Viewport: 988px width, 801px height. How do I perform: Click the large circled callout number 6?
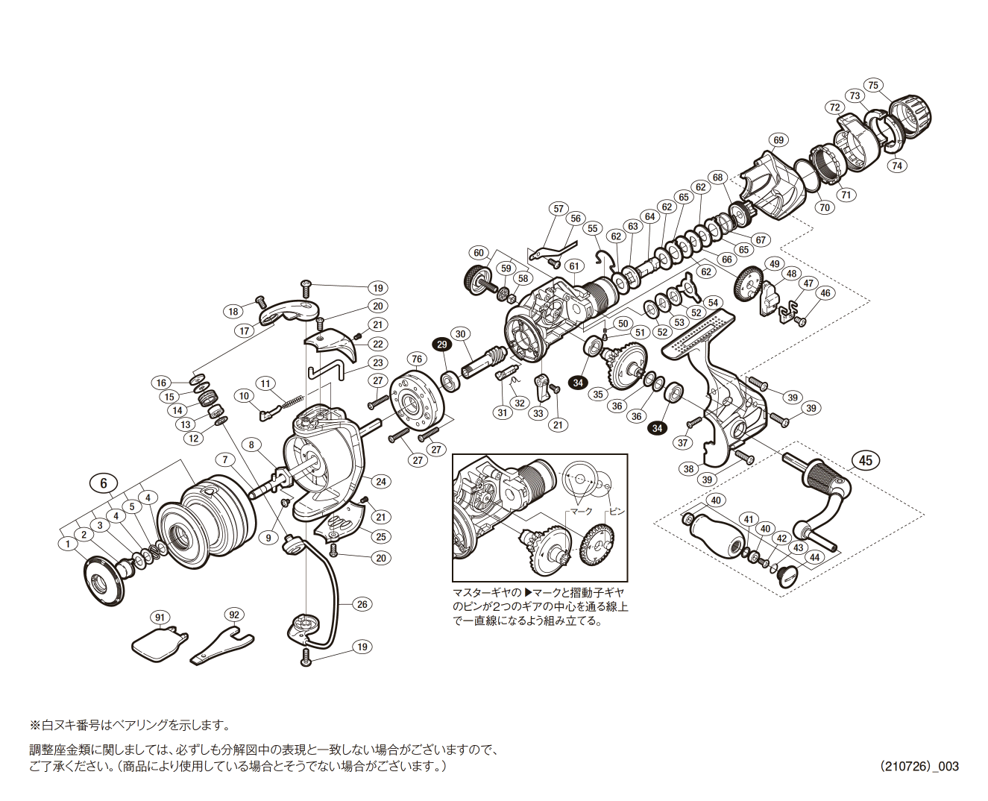pos(104,483)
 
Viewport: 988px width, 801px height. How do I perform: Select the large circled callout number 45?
pos(865,460)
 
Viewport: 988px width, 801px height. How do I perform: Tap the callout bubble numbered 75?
pos(874,85)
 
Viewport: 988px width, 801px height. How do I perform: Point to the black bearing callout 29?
pos(442,344)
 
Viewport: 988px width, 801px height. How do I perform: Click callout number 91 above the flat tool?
pos(160,617)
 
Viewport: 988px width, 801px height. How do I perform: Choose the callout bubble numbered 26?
pos(362,604)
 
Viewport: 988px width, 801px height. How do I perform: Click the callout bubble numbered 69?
pos(778,140)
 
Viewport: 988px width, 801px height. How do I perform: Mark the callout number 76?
pos(417,359)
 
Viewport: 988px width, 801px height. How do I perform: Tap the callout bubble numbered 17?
pos(245,330)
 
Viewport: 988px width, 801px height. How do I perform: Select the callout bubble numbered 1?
pos(68,544)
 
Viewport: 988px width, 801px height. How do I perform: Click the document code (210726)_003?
pos(919,766)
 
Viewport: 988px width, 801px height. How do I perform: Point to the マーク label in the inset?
pos(580,512)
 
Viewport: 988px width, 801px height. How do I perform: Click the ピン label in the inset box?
pos(617,512)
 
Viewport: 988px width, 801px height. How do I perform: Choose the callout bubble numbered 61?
pos(573,266)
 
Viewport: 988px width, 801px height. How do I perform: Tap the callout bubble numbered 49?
pos(774,264)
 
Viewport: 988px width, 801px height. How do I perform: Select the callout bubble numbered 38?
pos(688,469)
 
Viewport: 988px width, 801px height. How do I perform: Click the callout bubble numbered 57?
pos(558,209)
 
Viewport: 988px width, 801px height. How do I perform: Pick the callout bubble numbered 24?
pos(381,481)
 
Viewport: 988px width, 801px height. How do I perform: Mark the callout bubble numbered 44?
pos(814,557)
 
